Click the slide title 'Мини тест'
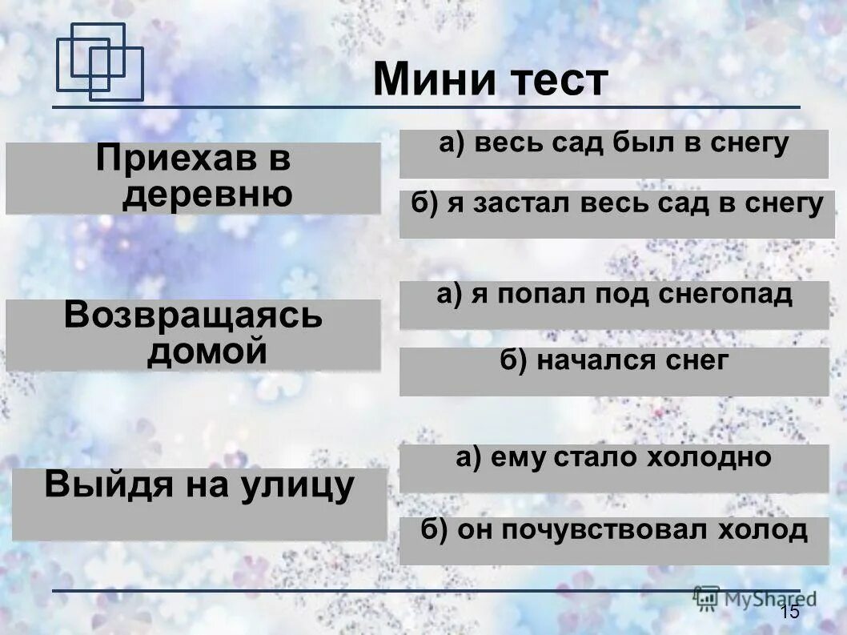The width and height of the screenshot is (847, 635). point(490,81)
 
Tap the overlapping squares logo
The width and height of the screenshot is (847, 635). point(99,62)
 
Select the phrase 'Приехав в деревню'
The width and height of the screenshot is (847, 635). point(193,178)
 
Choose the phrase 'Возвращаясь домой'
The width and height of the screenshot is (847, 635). point(193,334)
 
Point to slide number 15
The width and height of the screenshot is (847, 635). point(789,613)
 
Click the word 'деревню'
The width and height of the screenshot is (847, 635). point(207,195)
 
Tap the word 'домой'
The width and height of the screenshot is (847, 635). point(207,352)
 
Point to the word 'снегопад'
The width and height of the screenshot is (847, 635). point(725,295)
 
